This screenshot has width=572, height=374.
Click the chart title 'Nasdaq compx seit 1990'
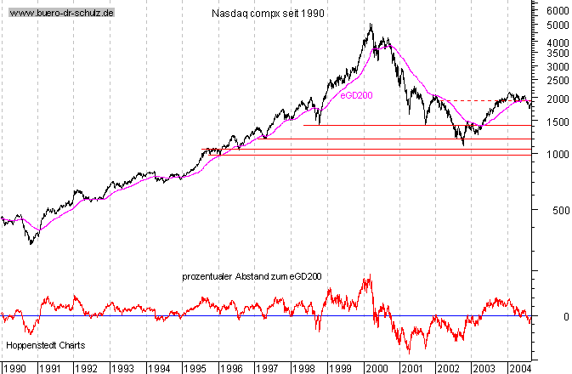(x=267, y=14)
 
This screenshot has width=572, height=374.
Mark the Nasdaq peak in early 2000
(x=371, y=25)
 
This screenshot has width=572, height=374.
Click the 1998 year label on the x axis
(x=303, y=368)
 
